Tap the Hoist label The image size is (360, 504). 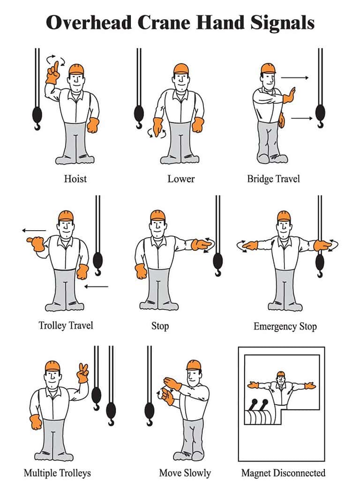click(x=75, y=179)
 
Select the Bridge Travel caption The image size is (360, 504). click(x=273, y=179)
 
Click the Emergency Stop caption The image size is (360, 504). click(x=285, y=326)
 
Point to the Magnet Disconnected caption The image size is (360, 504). click(x=283, y=473)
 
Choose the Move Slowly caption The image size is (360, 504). click(x=185, y=473)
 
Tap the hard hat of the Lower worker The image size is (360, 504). click(x=180, y=68)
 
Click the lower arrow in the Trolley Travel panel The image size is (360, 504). click(x=97, y=286)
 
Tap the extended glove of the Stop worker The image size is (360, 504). click(x=202, y=244)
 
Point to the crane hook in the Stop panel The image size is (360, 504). click(x=218, y=263)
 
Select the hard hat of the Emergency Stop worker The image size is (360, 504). click(x=284, y=216)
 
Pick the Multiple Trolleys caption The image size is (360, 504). click(x=57, y=473)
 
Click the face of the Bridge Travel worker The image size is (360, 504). click(x=267, y=80)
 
